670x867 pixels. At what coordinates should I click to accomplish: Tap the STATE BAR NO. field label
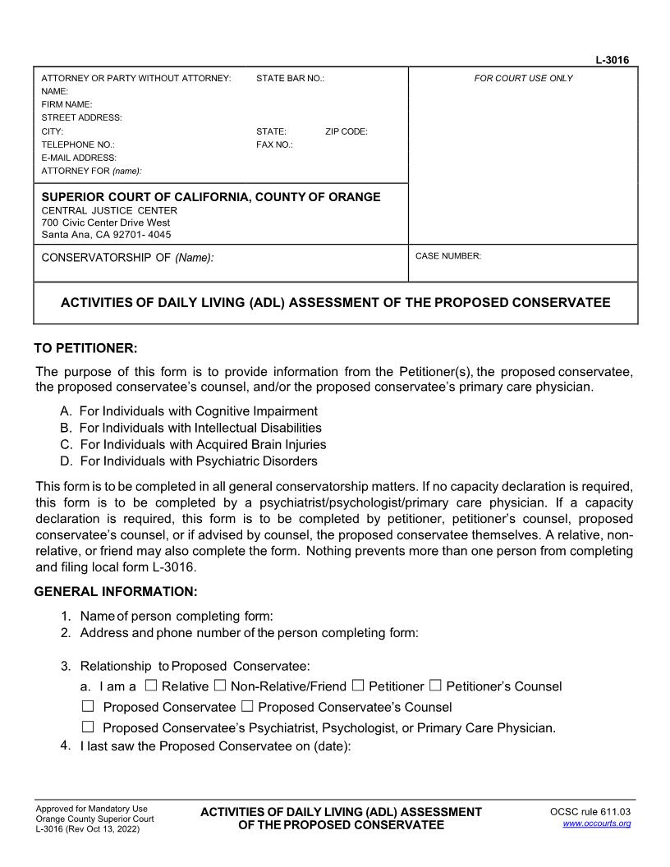(x=290, y=78)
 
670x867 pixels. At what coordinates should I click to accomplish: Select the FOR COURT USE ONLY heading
(x=523, y=78)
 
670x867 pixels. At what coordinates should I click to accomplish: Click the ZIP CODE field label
(x=346, y=131)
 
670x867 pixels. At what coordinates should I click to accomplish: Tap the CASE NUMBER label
(x=448, y=256)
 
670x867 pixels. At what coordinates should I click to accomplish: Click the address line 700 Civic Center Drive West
(x=106, y=222)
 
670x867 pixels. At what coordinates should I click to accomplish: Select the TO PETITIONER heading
(x=85, y=348)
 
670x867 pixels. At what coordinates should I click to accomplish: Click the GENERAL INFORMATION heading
(x=116, y=591)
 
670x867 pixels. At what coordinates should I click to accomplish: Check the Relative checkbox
(x=150, y=686)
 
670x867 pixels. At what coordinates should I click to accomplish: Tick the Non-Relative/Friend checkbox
(x=219, y=686)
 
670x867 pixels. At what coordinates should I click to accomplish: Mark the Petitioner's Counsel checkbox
(x=435, y=686)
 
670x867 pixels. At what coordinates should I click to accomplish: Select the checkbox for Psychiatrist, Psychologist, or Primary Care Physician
(x=88, y=727)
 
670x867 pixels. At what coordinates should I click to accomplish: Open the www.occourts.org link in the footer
(x=596, y=823)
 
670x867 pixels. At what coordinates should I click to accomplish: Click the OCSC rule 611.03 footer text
(x=590, y=812)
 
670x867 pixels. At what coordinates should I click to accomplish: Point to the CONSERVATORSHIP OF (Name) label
(x=127, y=258)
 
